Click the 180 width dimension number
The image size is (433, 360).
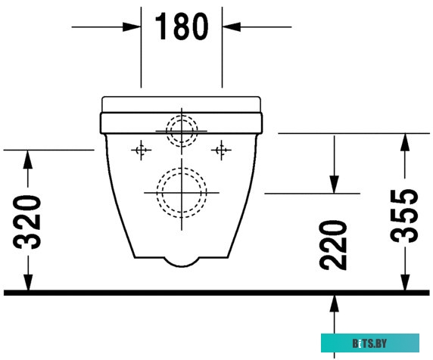(182, 27)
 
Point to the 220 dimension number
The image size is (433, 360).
(333, 246)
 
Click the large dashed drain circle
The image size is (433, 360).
(182, 191)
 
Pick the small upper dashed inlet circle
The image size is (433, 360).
(182, 130)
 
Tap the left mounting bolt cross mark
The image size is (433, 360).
(140, 151)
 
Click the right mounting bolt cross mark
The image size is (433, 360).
(222, 151)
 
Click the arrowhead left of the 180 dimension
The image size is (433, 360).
(134, 27)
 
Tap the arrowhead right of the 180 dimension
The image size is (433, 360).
(230, 27)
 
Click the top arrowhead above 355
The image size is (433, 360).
(406, 141)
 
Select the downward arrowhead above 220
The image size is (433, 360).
(333, 186)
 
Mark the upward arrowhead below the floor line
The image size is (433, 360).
(333, 303)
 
